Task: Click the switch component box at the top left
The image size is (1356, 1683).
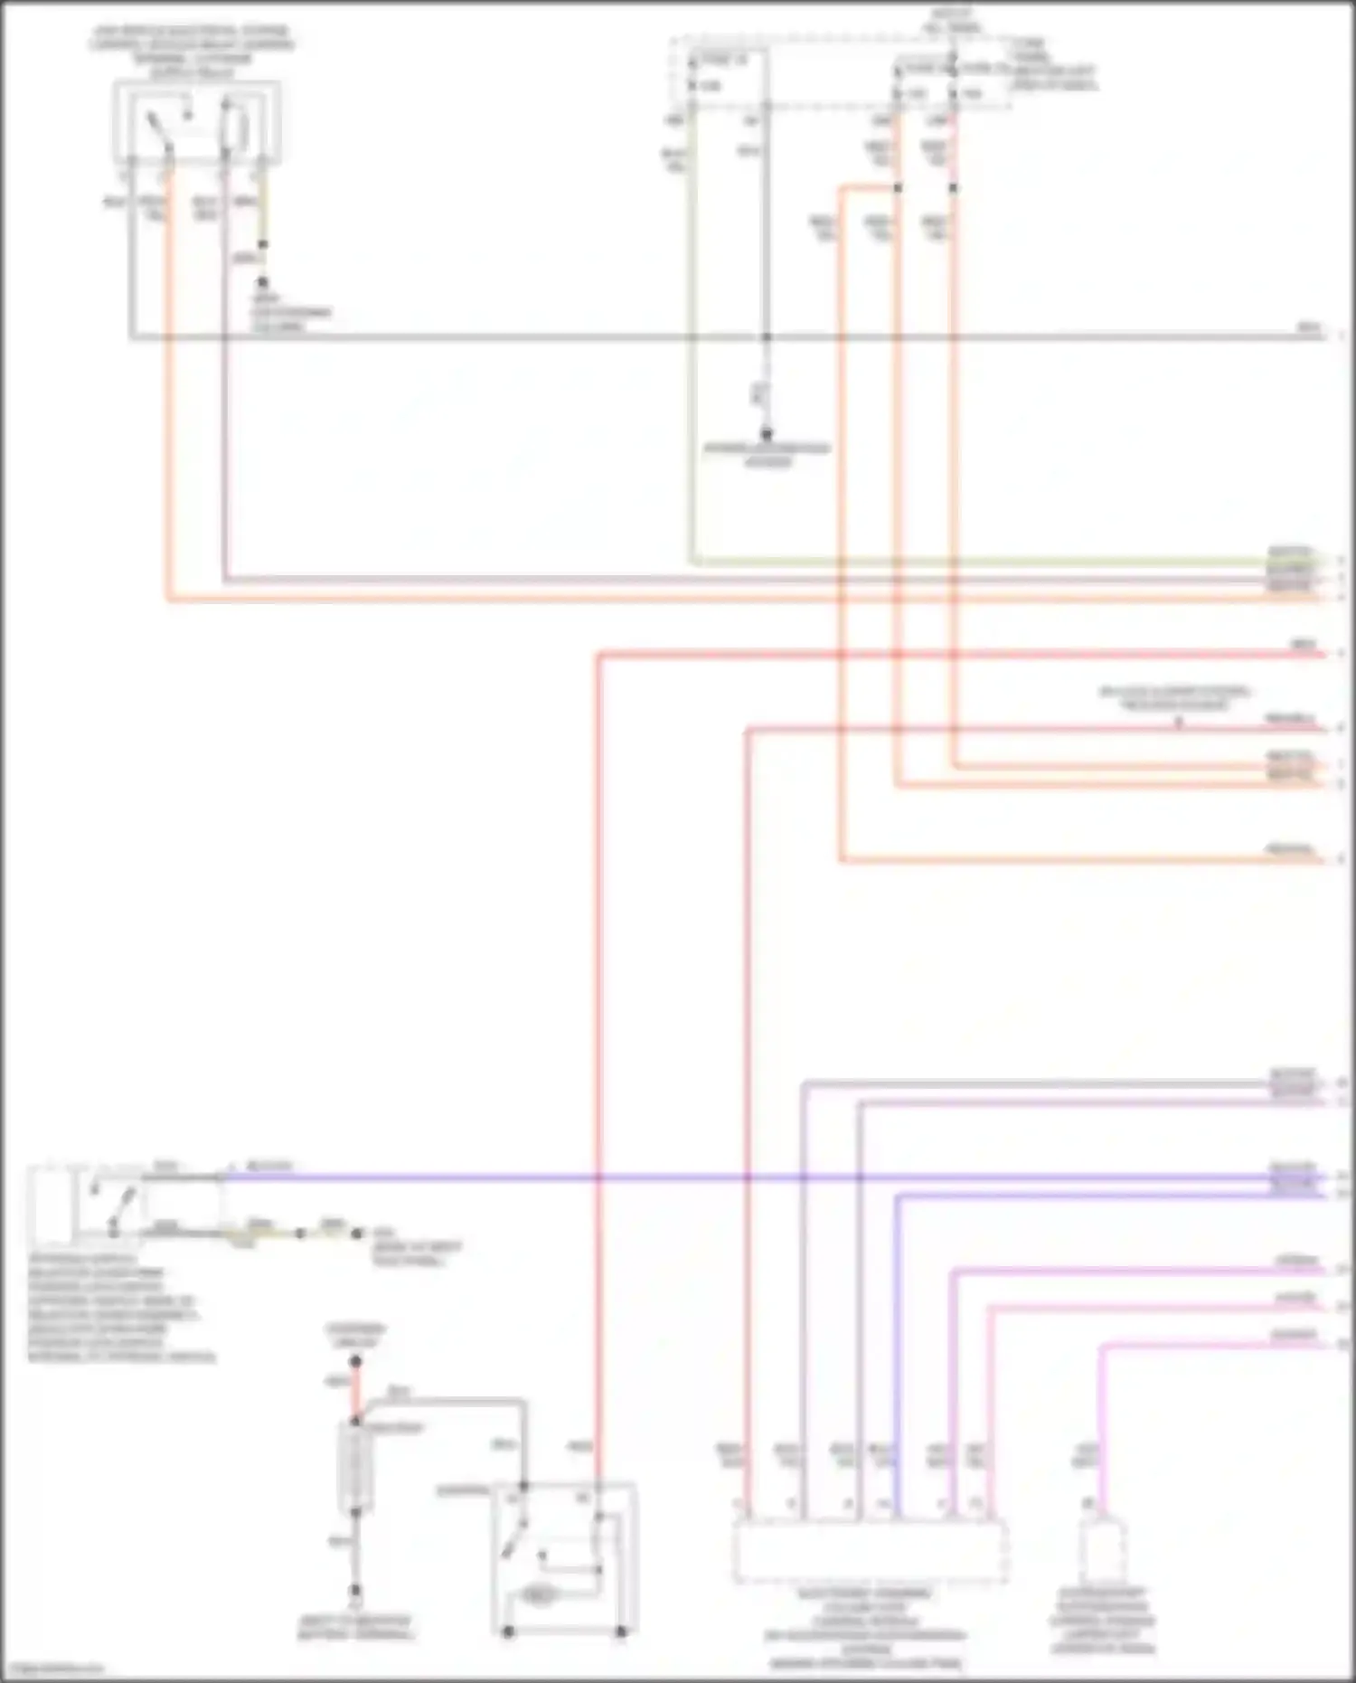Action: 196,122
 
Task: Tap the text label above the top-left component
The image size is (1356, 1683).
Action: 191,51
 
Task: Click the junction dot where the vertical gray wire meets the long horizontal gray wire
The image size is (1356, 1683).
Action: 766,337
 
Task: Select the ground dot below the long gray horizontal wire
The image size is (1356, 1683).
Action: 766,434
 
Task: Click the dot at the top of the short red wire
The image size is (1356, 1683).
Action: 355,1361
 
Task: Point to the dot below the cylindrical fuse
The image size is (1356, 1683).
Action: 355,1590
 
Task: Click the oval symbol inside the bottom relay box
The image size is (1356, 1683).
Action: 538,1596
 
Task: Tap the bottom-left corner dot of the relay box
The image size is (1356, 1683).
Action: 508,1631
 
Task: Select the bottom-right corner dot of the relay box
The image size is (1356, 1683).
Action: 621,1631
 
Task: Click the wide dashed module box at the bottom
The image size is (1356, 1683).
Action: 870,1551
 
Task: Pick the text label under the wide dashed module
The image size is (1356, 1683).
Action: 865,1628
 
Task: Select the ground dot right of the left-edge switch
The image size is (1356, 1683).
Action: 357,1233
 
